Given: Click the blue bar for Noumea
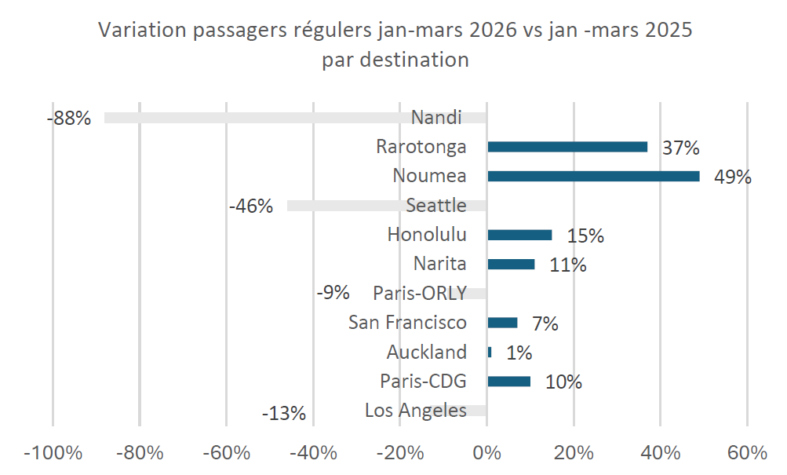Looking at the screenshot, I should [593, 176].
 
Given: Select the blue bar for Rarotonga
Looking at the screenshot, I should [567, 147].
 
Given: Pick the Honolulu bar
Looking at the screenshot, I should [519, 235].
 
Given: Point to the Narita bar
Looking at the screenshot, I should [511, 265].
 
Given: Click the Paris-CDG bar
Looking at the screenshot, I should [508, 382].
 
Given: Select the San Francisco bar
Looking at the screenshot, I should [502, 323].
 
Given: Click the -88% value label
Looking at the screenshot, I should [69, 119].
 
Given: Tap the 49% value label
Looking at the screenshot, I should [732, 177].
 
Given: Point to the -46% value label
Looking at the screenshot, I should [251, 207].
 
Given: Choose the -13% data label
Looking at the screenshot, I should [283, 413].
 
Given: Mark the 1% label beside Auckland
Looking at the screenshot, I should [519, 353].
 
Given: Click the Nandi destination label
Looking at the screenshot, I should [436, 118].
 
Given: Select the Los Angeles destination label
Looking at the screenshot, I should [416, 411].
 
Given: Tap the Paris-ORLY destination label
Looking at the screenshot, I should [420, 294].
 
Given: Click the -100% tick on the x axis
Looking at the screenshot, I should [53, 454].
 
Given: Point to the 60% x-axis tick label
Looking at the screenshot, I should [746, 454].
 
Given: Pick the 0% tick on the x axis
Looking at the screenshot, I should [486, 454].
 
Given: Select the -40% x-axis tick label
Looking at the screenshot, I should [312, 454].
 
